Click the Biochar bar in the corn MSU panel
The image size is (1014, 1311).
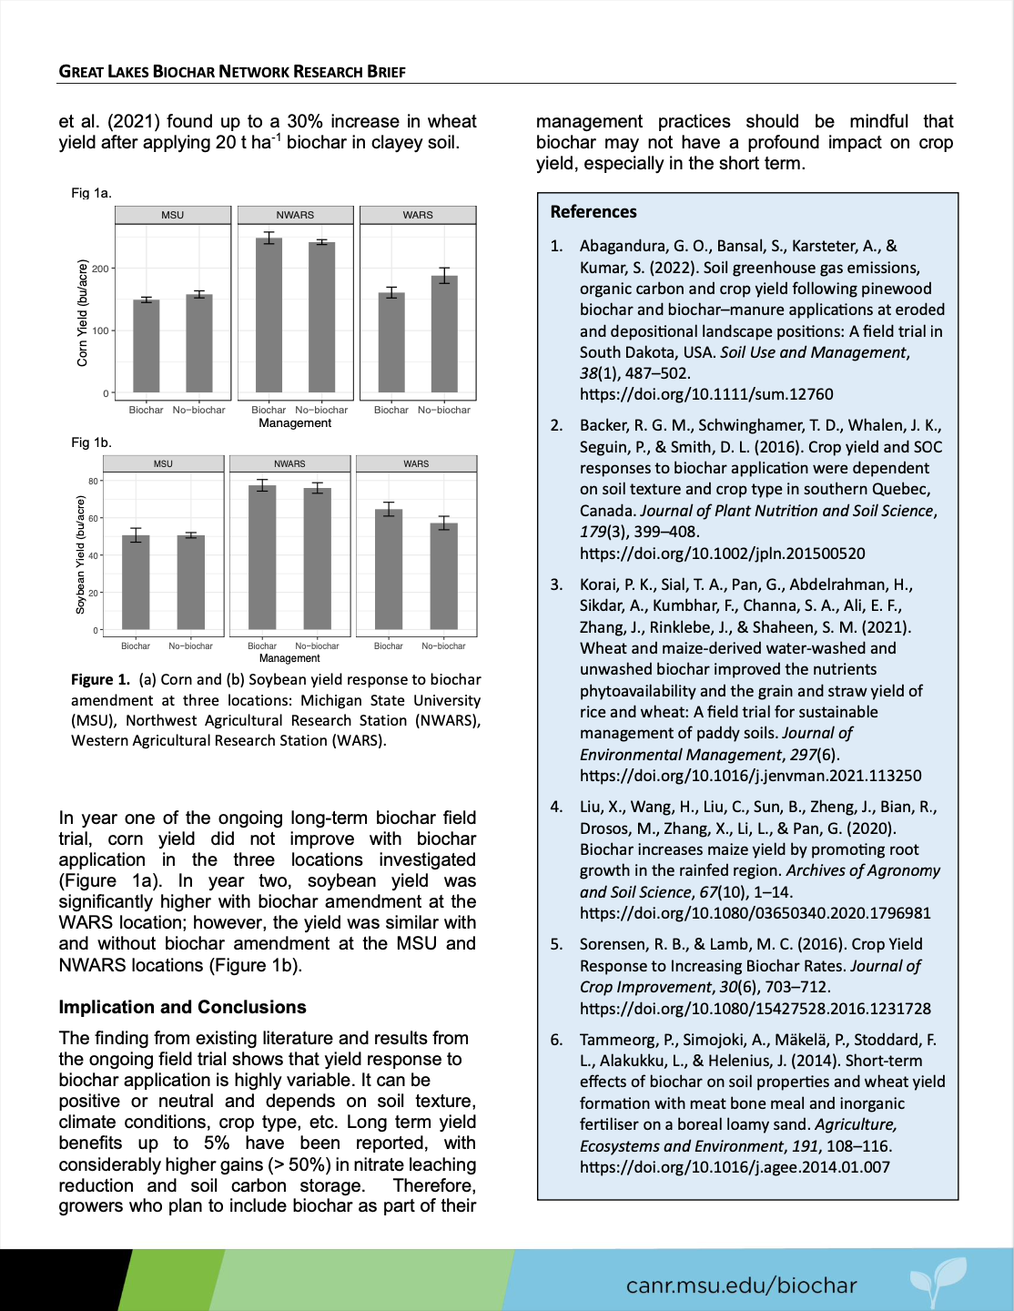point(147,347)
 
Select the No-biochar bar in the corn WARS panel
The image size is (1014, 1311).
point(444,335)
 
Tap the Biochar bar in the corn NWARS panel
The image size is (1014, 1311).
point(269,316)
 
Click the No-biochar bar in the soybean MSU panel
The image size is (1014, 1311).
point(191,583)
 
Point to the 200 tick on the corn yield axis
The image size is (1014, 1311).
point(100,269)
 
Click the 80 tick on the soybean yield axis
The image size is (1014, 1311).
point(93,481)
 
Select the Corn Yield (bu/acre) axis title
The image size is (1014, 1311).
point(83,313)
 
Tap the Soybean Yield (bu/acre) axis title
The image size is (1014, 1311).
point(80,554)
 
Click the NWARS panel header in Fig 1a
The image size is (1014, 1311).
point(295,215)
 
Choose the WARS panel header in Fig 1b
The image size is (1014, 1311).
point(416,463)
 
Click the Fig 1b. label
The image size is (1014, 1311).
point(91,442)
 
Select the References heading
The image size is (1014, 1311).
point(593,212)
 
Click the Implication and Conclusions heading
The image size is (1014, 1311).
point(182,1007)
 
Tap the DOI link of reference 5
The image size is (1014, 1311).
point(755,1009)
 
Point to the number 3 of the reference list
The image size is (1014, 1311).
point(556,584)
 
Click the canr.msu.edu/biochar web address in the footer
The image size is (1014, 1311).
point(741,1286)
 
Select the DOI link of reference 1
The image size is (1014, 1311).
point(706,394)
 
